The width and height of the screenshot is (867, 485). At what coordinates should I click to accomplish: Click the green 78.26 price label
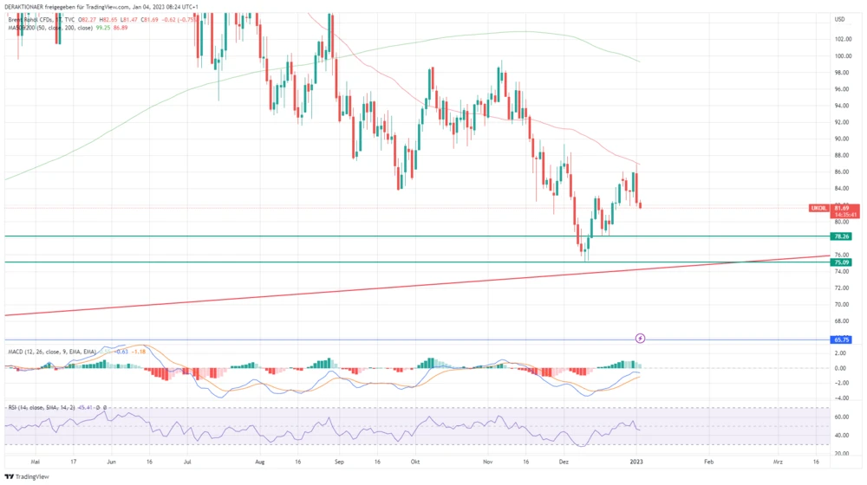pyautogui.click(x=839, y=236)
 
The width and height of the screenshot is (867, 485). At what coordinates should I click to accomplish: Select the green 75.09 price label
pyautogui.click(x=839, y=262)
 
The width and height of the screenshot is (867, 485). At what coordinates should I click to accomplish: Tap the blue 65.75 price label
pyautogui.click(x=839, y=340)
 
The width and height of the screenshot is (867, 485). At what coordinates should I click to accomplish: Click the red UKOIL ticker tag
pyautogui.click(x=818, y=208)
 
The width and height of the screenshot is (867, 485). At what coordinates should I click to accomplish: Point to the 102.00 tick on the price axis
pyautogui.click(x=841, y=39)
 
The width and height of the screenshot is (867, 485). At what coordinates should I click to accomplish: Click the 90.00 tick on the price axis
pyautogui.click(x=840, y=139)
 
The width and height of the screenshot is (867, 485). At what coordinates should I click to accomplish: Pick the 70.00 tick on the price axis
pyautogui.click(x=840, y=304)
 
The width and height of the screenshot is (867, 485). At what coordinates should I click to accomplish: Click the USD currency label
pyautogui.click(x=839, y=19)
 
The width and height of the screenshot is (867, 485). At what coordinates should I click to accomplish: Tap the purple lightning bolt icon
pyautogui.click(x=641, y=338)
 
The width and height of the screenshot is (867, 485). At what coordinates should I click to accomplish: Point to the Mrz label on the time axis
pyautogui.click(x=778, y=462)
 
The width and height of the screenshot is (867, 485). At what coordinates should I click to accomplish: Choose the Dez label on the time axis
pyautogui.click(x=564, y=462)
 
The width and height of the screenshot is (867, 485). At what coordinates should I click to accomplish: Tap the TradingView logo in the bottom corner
pyautogui.click(x=27, y=476)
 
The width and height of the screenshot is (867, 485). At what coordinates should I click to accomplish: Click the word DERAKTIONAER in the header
pyautogui.click(x=27, y=7)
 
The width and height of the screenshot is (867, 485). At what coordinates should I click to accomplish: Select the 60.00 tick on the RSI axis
pyautogui.click(x=840, y=416)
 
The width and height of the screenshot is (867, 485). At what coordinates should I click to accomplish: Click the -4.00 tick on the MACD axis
pyautogui.click(x=840, y=398)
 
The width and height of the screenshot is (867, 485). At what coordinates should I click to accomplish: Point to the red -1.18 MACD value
pyautogui.click(x=135, y=352)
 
